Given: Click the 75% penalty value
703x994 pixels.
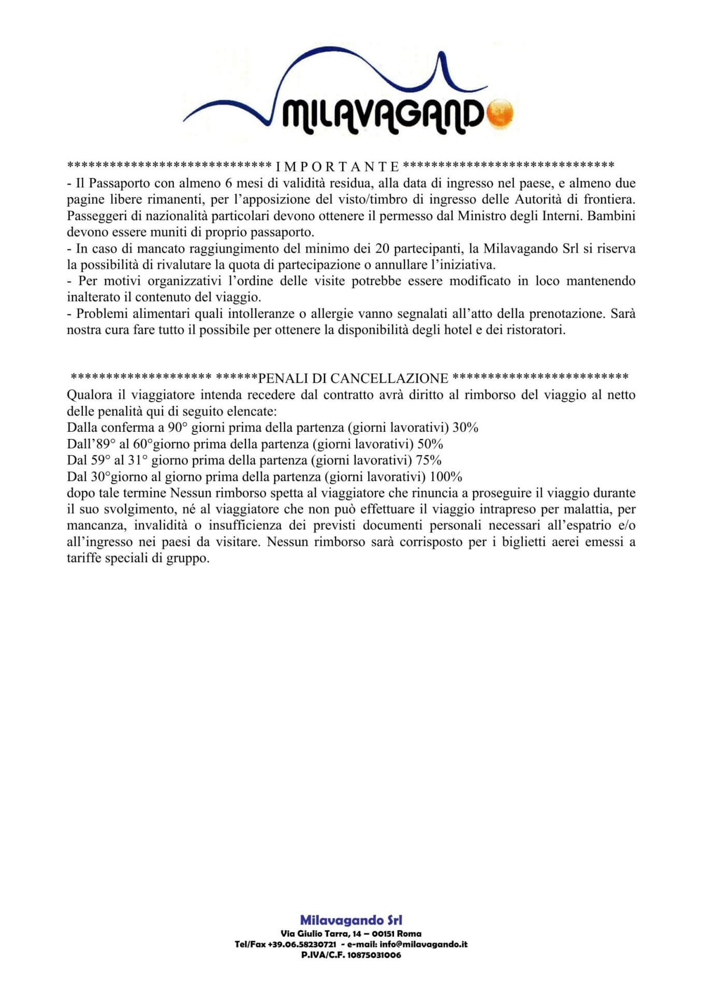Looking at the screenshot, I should (x=429, y=460).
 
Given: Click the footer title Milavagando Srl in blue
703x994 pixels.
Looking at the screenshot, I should (x=351, y=920).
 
